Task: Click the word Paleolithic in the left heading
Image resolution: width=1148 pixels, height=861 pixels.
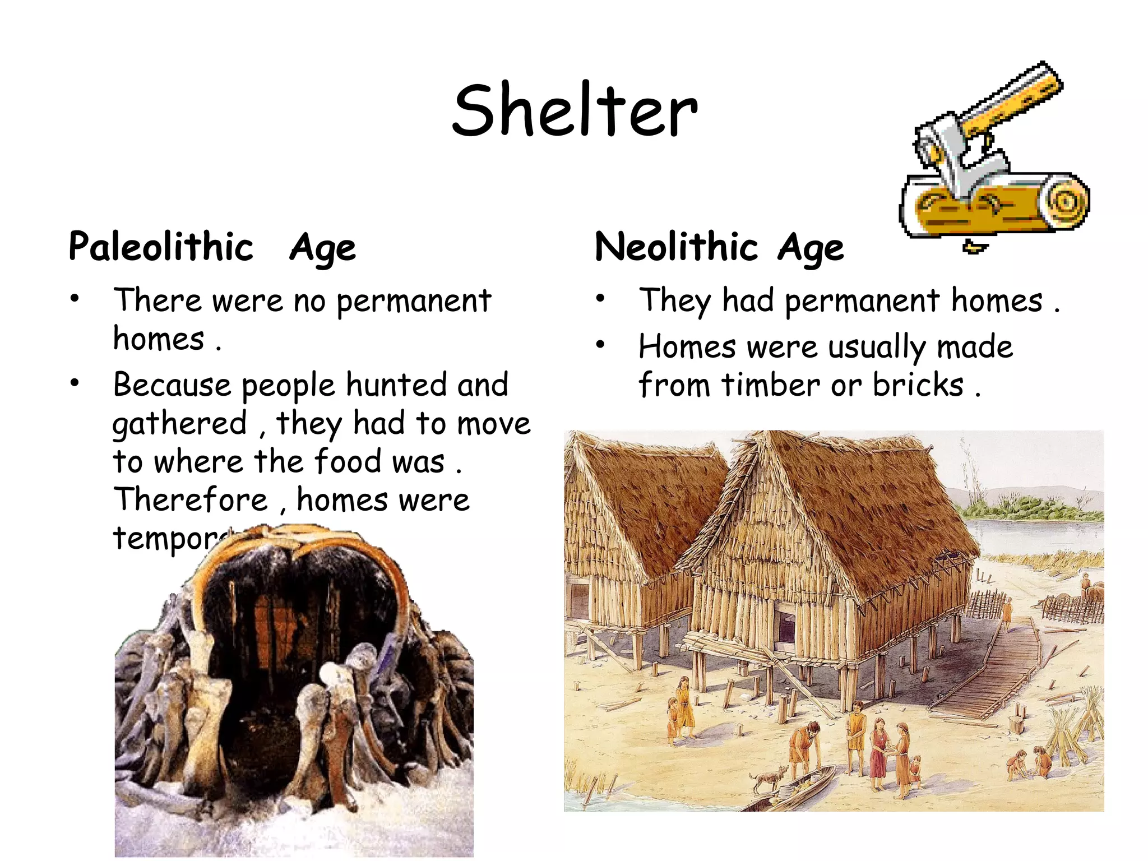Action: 161,247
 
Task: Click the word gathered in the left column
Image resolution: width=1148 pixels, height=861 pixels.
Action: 179,424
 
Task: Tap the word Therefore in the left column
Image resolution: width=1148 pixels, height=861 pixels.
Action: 191,499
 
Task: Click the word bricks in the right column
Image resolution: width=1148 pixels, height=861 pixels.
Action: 918,385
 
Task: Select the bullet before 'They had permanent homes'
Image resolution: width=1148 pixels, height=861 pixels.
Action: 600,299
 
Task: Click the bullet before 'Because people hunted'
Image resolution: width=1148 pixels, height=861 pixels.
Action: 75,383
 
